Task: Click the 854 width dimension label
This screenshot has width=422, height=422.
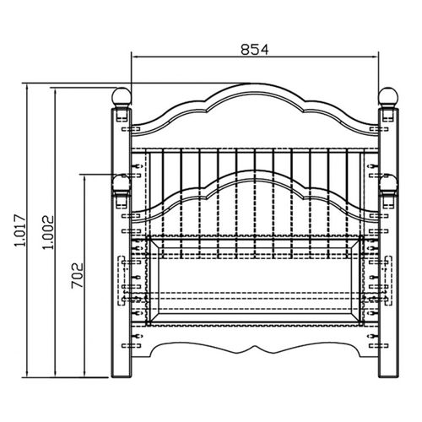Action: [255, 50]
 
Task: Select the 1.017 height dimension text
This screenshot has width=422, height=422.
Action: [20, 230]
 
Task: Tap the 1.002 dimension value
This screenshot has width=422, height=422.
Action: [47, 232]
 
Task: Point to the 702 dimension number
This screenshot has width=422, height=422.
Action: [78, 276]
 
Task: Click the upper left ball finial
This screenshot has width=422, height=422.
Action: [122, 97]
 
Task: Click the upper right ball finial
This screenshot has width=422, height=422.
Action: [388, 96]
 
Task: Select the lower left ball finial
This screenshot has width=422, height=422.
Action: [122, 184]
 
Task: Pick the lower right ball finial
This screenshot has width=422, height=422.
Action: [388, 184]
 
